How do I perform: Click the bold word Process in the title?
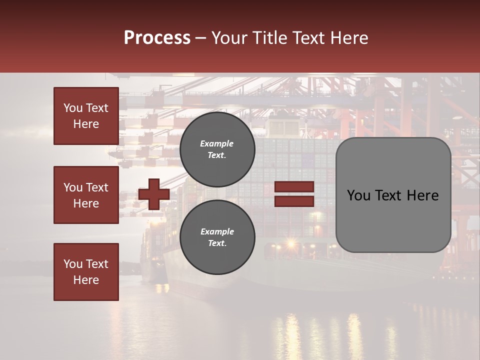(157, 38)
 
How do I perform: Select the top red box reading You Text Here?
(86, 116)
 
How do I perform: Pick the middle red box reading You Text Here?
(86, 195)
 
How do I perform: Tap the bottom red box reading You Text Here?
(86, 272)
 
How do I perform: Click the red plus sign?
(154, 194)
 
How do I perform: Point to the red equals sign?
(294, 194)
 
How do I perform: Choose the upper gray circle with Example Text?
(217, 149)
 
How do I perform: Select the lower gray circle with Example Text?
(217, 237)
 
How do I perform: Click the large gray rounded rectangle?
(393, 195)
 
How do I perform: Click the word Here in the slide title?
(350, 38)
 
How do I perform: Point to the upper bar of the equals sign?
(294, 187)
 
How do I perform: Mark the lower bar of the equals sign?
(294, 201)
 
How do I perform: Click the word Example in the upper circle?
(217, 143)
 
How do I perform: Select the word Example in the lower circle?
(217, 231)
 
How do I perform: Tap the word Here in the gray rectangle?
(422, 195)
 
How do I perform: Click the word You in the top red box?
(73, 108)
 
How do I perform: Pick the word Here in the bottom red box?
(86, 280)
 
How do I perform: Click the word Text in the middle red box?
(97, 187)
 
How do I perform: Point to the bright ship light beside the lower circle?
(290, 243)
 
